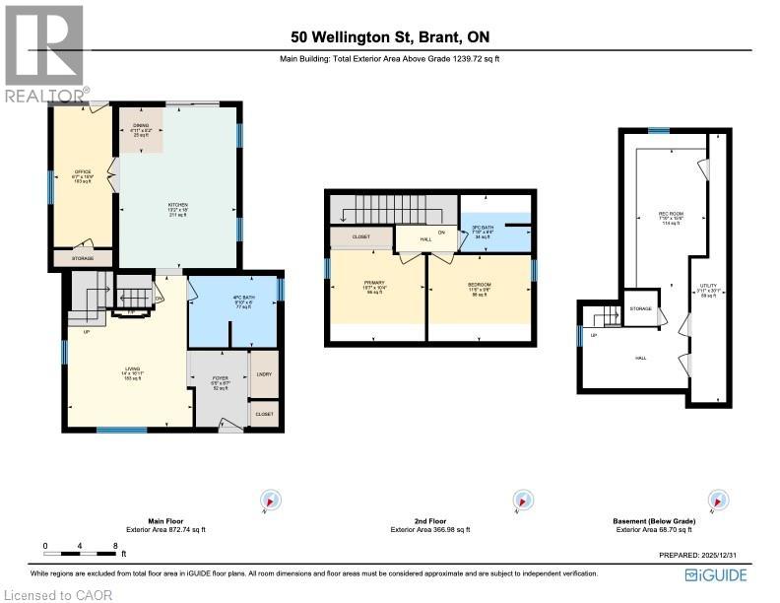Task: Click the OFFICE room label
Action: click(83, 172)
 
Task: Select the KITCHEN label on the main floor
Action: click(177, 205)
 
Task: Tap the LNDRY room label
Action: click(263, 373)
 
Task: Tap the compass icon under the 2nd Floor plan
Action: click(516, 502)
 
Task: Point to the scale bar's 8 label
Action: click(116, 545)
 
